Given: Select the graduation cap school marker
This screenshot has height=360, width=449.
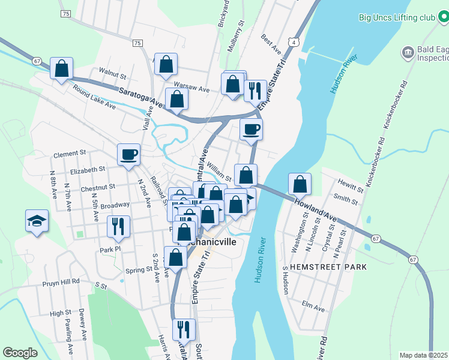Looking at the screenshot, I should click(37, 221).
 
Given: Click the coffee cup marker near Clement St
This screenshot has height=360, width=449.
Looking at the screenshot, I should click(128, 155).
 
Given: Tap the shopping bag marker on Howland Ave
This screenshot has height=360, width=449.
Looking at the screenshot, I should click(300, 184).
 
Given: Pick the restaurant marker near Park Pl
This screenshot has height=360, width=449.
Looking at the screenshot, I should click(116, 226).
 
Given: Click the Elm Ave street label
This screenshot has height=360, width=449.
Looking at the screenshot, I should click(313, 308).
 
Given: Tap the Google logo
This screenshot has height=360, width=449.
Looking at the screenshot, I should click(20, 353).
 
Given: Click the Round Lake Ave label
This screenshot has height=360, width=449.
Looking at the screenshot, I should click(94, 97).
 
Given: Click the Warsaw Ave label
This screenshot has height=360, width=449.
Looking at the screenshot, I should click(191, 89).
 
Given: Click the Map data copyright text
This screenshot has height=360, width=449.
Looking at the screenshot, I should click(423, 355).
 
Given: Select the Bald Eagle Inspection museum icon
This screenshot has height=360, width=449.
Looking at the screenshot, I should click(408, 53).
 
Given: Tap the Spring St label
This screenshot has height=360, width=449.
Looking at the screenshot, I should click(139, 270).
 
